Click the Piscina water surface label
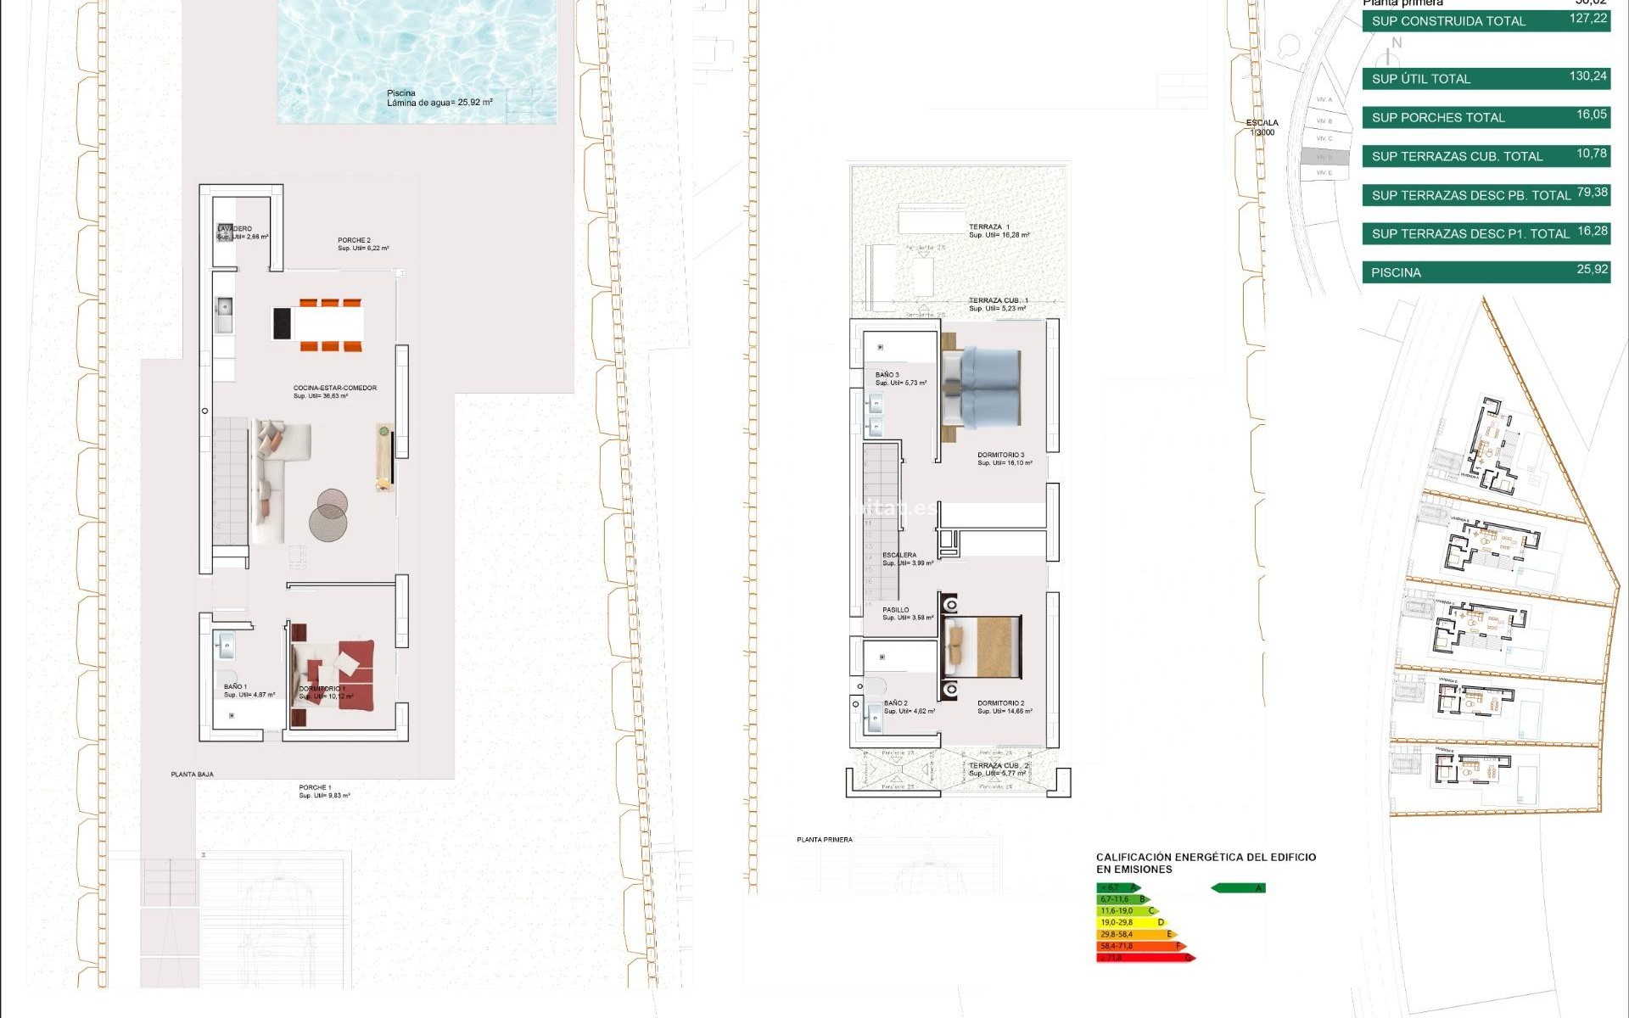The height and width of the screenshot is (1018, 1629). pos(439,98)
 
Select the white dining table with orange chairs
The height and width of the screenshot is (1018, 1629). pos(329,324)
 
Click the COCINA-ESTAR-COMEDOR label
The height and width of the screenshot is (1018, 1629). pos(334,389)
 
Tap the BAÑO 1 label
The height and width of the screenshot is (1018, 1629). pos(236,687)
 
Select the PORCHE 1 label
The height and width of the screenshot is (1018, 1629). pos(316,788)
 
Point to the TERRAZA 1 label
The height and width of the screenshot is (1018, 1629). pos(989,227)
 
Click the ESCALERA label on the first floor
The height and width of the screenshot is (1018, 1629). pos(899,556)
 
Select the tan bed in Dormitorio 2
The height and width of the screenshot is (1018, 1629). pos(984,646)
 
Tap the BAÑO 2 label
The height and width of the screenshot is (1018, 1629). pos(896,703)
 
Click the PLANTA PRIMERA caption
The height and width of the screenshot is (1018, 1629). pos(825,840)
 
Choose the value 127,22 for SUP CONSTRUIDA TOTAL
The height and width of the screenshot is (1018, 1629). pos(1587,19)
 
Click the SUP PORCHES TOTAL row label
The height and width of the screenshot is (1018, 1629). pos(1438,118)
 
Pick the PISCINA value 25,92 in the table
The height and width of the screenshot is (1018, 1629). pos(1592,270)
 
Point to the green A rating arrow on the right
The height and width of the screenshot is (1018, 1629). pos(1238,888)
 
